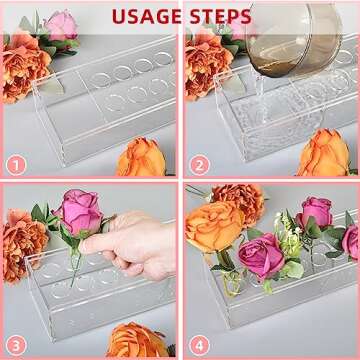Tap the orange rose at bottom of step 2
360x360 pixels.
click(x=325, y=155)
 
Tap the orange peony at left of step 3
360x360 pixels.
click(x=22, y=245)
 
